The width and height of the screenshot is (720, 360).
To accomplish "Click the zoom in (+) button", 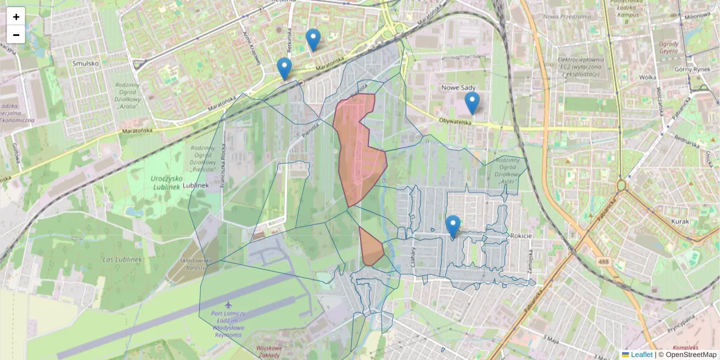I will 16,17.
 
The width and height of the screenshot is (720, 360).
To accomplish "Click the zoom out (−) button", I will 16,35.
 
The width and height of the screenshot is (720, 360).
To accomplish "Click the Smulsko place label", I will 85,62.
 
